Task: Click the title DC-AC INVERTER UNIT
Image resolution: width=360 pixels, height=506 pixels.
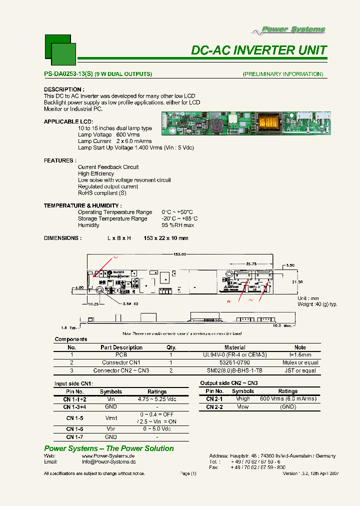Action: (x=259, y=50)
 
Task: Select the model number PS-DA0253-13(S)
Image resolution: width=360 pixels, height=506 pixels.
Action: (x=68, y=74)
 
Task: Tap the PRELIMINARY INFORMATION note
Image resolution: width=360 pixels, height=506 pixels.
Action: (x=283, y=74)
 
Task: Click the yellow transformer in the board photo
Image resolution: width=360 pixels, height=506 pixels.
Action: (x=272, y=122)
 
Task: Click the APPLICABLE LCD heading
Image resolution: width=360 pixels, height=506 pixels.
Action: (x=68, y=121)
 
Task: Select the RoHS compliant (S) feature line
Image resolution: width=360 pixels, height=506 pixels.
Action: (x=102, y=193)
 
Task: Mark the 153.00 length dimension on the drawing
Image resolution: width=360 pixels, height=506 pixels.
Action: (x=180, y=254)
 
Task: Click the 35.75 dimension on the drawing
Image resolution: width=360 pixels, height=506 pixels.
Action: (x=251, y=263)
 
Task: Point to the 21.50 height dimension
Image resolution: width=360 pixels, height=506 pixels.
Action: (x=297, y=282)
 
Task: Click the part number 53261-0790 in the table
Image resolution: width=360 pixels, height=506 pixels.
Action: (x=235, y=362)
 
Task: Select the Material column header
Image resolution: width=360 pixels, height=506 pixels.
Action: (x=235, y=347)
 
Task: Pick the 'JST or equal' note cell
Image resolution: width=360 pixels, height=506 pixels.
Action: (x=299, y=370)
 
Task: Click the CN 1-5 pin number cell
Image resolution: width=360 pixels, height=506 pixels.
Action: (x=74, y=418)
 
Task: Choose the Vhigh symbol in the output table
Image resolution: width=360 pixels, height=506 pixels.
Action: (x=243, y=399)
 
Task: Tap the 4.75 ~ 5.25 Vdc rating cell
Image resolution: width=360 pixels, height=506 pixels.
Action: (x=157, y=399)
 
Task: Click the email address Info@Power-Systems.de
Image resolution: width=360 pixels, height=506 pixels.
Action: (x=108, y=462)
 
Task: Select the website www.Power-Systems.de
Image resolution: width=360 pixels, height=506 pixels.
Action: (x=108, y=456)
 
